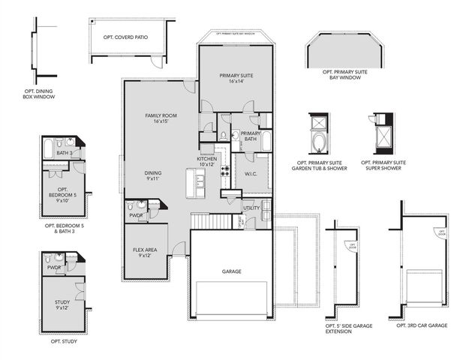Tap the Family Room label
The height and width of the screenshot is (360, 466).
(x=160, y=118)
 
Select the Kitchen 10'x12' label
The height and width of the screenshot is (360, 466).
(x=207, y=161)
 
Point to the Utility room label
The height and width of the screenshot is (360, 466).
(x=251, y=208)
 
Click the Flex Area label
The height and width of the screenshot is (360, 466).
(x=146, y=253)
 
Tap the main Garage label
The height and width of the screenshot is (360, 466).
(x=231, y=271)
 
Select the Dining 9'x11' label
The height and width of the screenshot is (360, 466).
(x=153, y=175)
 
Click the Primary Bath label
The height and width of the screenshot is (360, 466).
(x=250, y=136)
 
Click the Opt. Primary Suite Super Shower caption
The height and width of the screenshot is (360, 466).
(x=383, y=165)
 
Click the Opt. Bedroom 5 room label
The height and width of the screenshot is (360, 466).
(x=62, y=192)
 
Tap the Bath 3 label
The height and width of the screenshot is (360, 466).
(x=64, y=154)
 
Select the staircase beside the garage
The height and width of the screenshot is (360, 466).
(x=201, y=221)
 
